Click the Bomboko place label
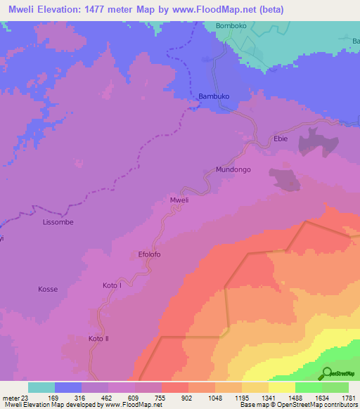pos(232,26)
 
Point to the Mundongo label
pos(233,170)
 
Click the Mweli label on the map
pos(180,200)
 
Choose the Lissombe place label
pos(58,222)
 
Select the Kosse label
pos(47,290)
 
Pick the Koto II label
pos(100,339)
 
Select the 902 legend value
pos(186,397)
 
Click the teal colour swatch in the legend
pos(41,387)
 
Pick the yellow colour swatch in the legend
pos(281,387)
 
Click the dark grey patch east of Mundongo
pos(285,179)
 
